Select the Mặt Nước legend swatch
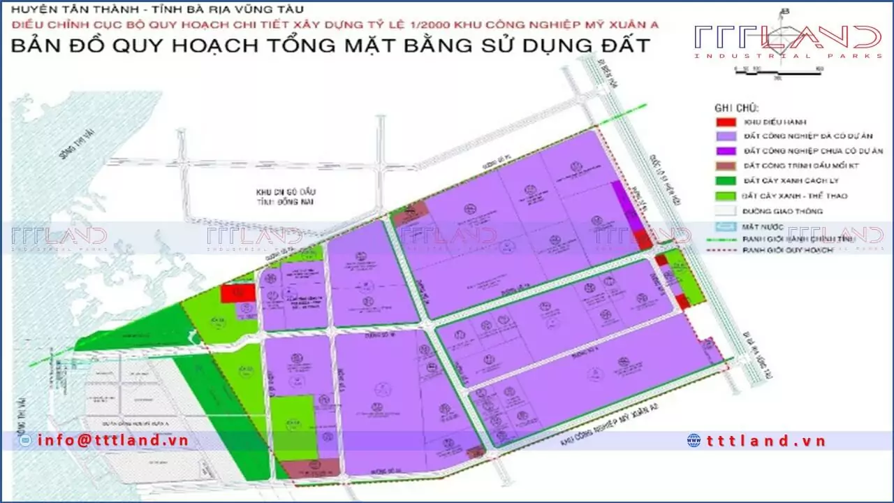726,226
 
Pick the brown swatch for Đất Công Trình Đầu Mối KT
726,166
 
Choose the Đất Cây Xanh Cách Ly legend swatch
726,181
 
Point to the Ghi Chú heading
736,108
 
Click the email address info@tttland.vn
113,440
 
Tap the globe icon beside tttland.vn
694,440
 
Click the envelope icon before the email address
27,440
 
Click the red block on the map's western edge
237,293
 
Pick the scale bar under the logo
779,70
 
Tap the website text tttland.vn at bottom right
766,440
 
